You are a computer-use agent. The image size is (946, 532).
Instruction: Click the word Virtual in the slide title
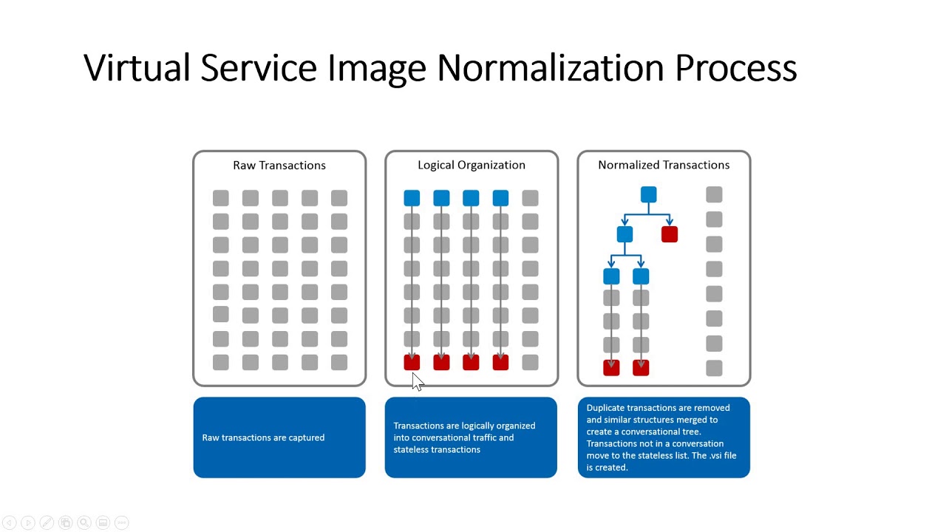click(x=137, y=68)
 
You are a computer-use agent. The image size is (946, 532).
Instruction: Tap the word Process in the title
click(x=735, y=68)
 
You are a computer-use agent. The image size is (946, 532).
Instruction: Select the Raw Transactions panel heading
click(x=279, y=165)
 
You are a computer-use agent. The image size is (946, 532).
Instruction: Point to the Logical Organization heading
click(x=472, y=165)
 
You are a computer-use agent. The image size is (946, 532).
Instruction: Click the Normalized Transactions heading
click(x=664, y=165)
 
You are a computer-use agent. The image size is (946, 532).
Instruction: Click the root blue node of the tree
click(x=648, y=194)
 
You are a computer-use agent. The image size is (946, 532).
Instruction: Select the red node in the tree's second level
click(x=670, y=234)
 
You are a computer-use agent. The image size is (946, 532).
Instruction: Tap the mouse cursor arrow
click(x=417, y=381)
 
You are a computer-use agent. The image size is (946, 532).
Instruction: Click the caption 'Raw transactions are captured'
click(x=263, y=437)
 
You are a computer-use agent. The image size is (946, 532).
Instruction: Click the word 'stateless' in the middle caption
click(x=411, y=449)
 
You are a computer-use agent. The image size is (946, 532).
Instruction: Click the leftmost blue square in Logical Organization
click(x=412, y=198)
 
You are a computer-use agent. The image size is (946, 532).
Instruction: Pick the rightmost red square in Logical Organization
click(x=500, y=362)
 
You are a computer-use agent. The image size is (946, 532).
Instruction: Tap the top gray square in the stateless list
click(x=714, y=194)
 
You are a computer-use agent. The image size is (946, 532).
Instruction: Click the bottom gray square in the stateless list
click(x=714, y=368)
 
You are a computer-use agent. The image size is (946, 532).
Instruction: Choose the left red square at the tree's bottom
click(x=611, y=368)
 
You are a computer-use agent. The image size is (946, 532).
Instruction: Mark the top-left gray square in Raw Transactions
click(x=221, y=198)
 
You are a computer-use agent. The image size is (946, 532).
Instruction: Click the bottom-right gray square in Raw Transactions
click(x=339, y=362)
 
